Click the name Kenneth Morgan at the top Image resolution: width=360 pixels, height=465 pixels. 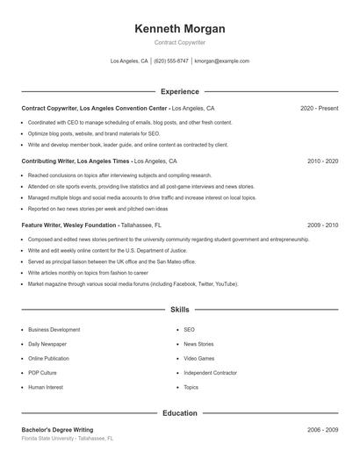179,28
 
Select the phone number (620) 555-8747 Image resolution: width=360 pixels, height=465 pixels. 171,61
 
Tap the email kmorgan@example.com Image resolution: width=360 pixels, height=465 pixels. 222,61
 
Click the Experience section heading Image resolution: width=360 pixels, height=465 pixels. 179,91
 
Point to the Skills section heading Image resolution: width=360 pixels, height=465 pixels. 179,310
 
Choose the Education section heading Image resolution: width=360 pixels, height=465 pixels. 179,412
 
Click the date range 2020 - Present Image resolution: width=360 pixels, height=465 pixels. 319,108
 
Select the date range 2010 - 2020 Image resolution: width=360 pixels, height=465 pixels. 322,161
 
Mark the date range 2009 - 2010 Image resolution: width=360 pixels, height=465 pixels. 322,225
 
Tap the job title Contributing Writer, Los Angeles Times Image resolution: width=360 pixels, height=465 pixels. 76,161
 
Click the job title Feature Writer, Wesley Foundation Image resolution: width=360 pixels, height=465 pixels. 69,225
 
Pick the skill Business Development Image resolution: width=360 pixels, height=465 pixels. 54,330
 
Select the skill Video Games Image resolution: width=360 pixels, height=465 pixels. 198,358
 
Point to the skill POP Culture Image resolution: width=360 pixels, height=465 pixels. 42,372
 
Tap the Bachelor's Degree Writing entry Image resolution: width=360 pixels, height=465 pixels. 57,430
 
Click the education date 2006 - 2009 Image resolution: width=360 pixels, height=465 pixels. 322,430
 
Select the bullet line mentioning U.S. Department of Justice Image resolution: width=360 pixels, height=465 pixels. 95,250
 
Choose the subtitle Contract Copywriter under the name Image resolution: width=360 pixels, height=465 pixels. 179,42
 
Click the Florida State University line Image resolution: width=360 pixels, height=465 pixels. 67,438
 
